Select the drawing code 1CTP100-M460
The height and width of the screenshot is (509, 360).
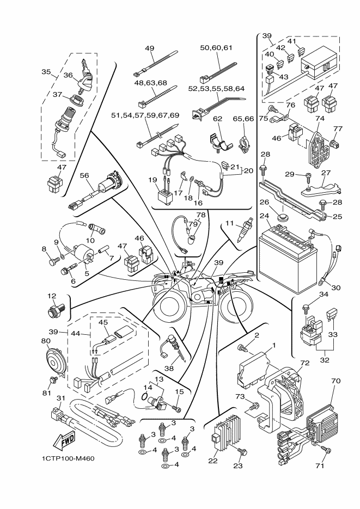(68, 458)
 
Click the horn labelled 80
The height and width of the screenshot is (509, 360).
(55, 361)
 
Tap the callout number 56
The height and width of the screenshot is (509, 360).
(84, 176)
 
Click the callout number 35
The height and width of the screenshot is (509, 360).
(46, 71)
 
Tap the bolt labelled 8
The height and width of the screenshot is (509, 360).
(53, 262)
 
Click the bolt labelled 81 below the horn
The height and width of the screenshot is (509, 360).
(53, 379)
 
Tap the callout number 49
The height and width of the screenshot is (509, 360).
(150, 48)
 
